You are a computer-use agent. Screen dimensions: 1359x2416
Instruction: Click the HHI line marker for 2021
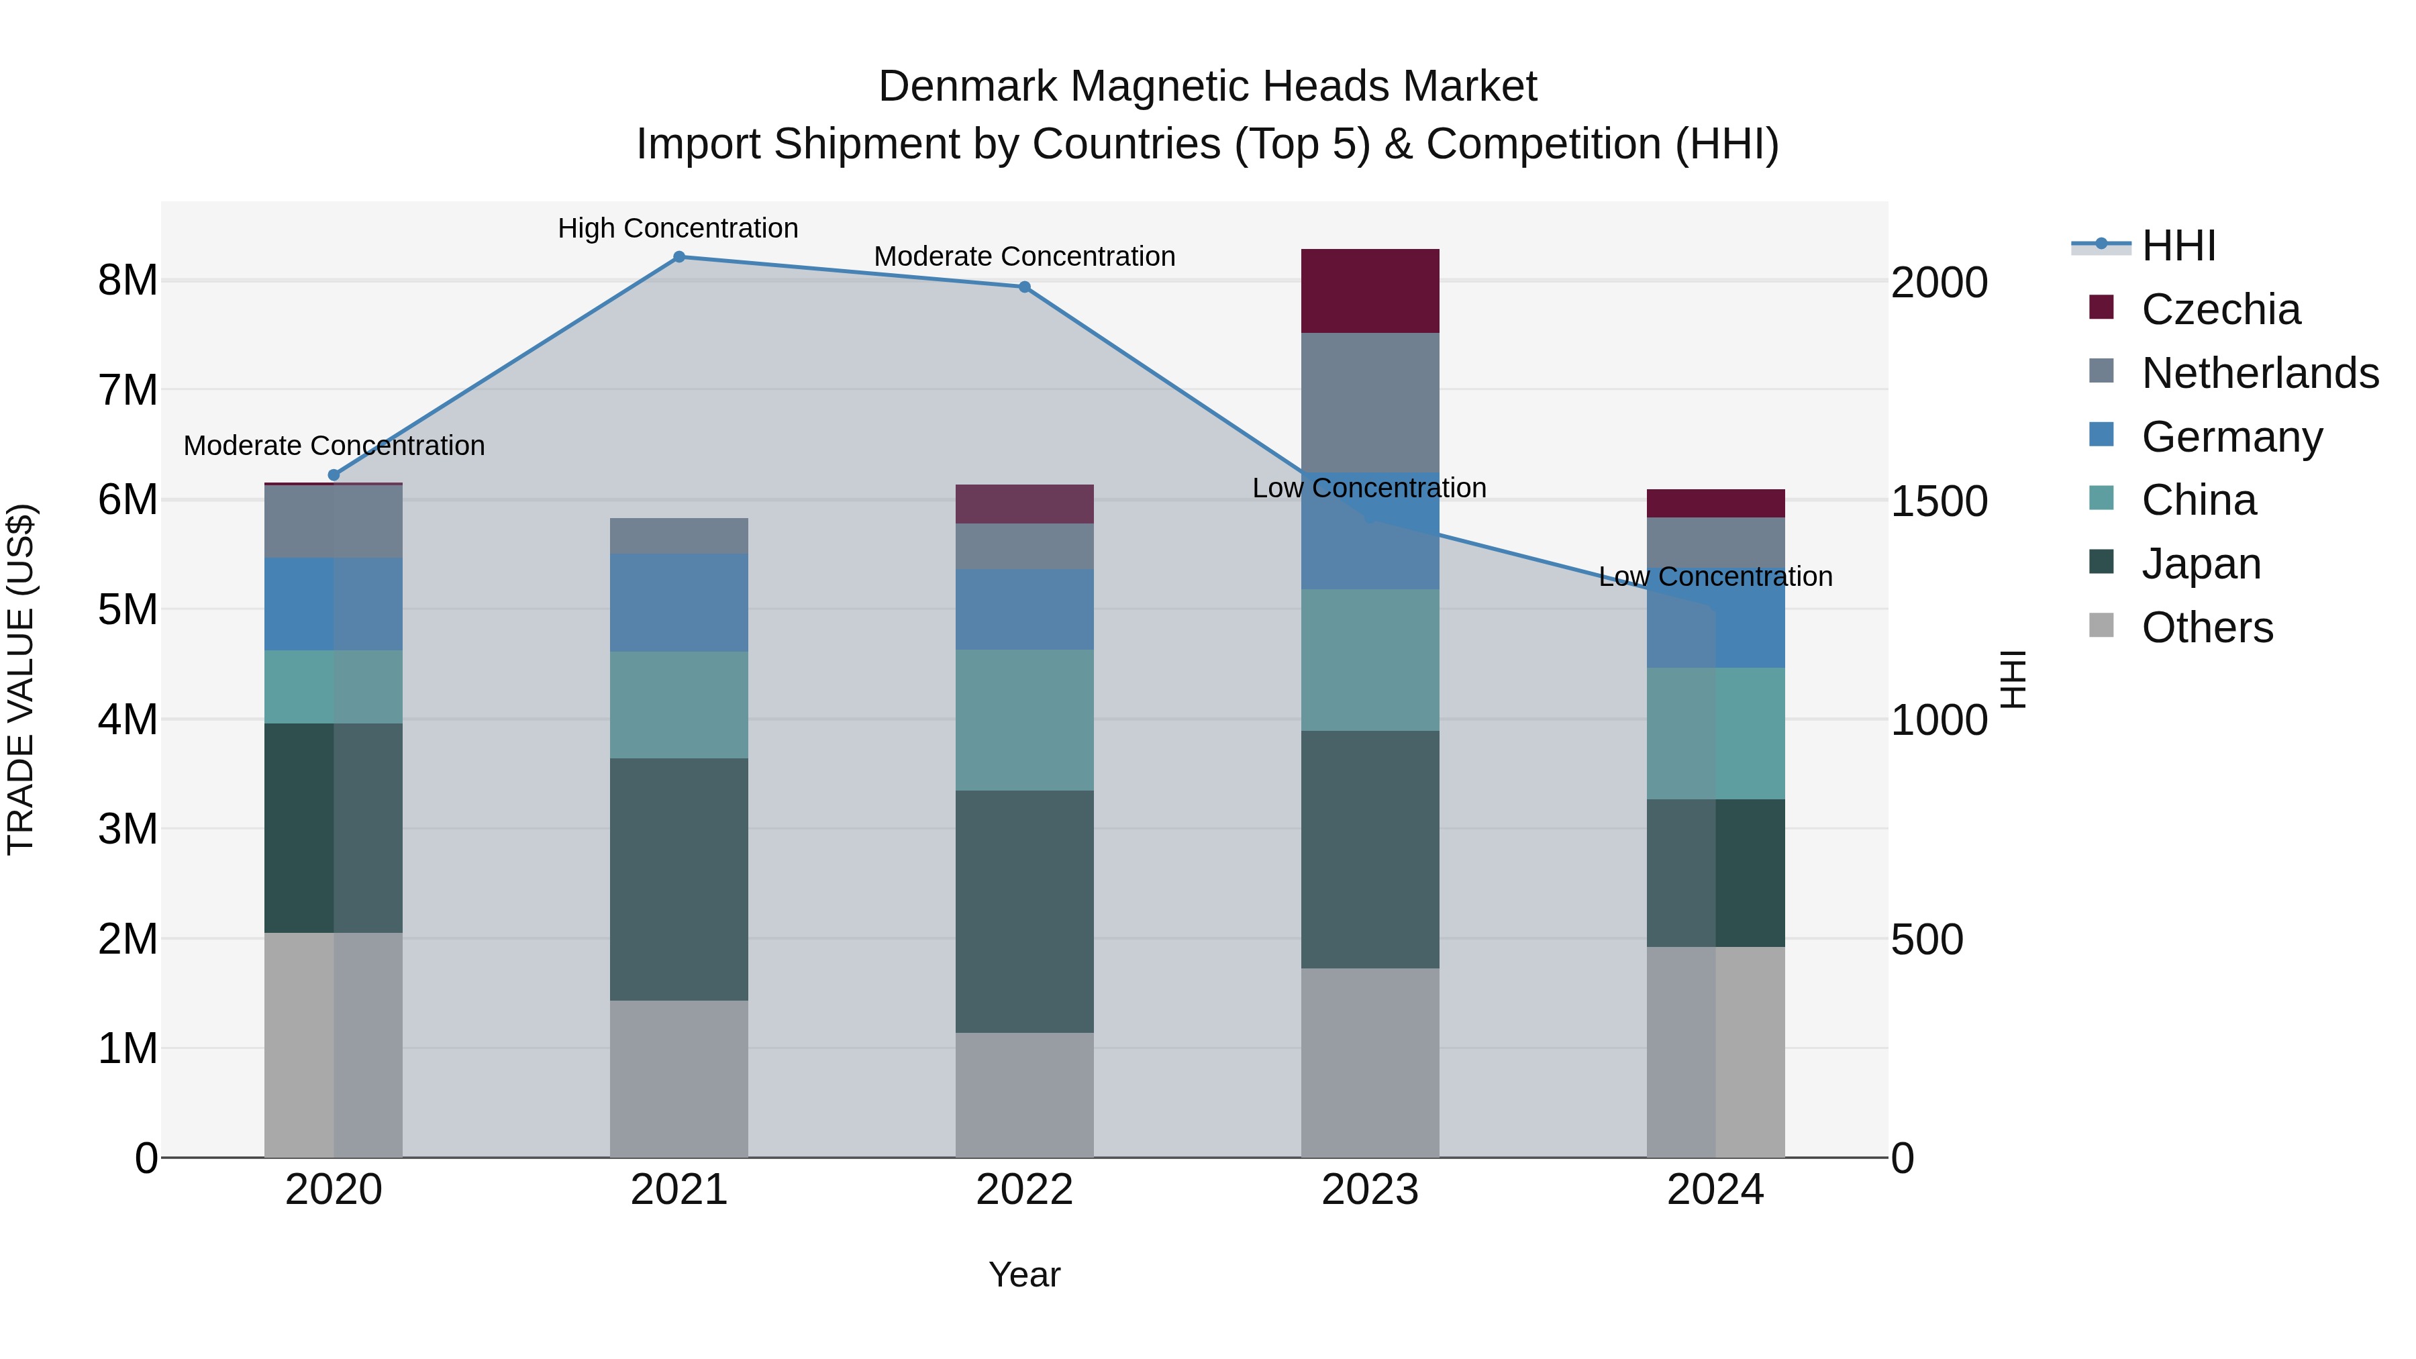pyautogui.click(x=679, y=257)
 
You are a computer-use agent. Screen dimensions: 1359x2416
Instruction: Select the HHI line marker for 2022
pyautogui.click(x=1024, y=287)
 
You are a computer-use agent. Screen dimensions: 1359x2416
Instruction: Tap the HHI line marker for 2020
pyautogui.click(x=334, y=476)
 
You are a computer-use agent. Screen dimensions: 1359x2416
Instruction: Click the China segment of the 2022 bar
pyautogui.click(x=1024, y=719)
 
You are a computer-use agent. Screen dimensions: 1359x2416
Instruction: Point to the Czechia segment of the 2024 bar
pyautogui.click(x=1715, y=503)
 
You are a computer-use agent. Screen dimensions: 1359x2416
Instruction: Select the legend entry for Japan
pyautogui.click(x=2201, y=564)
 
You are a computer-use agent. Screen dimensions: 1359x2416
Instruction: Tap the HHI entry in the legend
pyautogui.click(x=2178, y=246)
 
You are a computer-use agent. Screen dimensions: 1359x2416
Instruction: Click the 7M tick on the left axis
pyautogui.click(x=128, y=390)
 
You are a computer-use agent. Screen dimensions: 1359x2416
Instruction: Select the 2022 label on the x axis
pyautogui.click(x=1024, y=1190)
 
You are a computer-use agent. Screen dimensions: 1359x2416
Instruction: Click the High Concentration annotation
pyautogui.click(x=677, y=228)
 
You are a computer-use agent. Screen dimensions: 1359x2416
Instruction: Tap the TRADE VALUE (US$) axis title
pyautogui.click(x=21, y=679)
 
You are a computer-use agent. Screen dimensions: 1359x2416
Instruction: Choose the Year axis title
pyautogui.click(x=1024, y=1274)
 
